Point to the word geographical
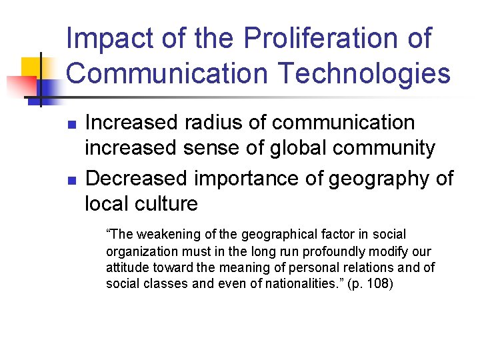tap(281, 235)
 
